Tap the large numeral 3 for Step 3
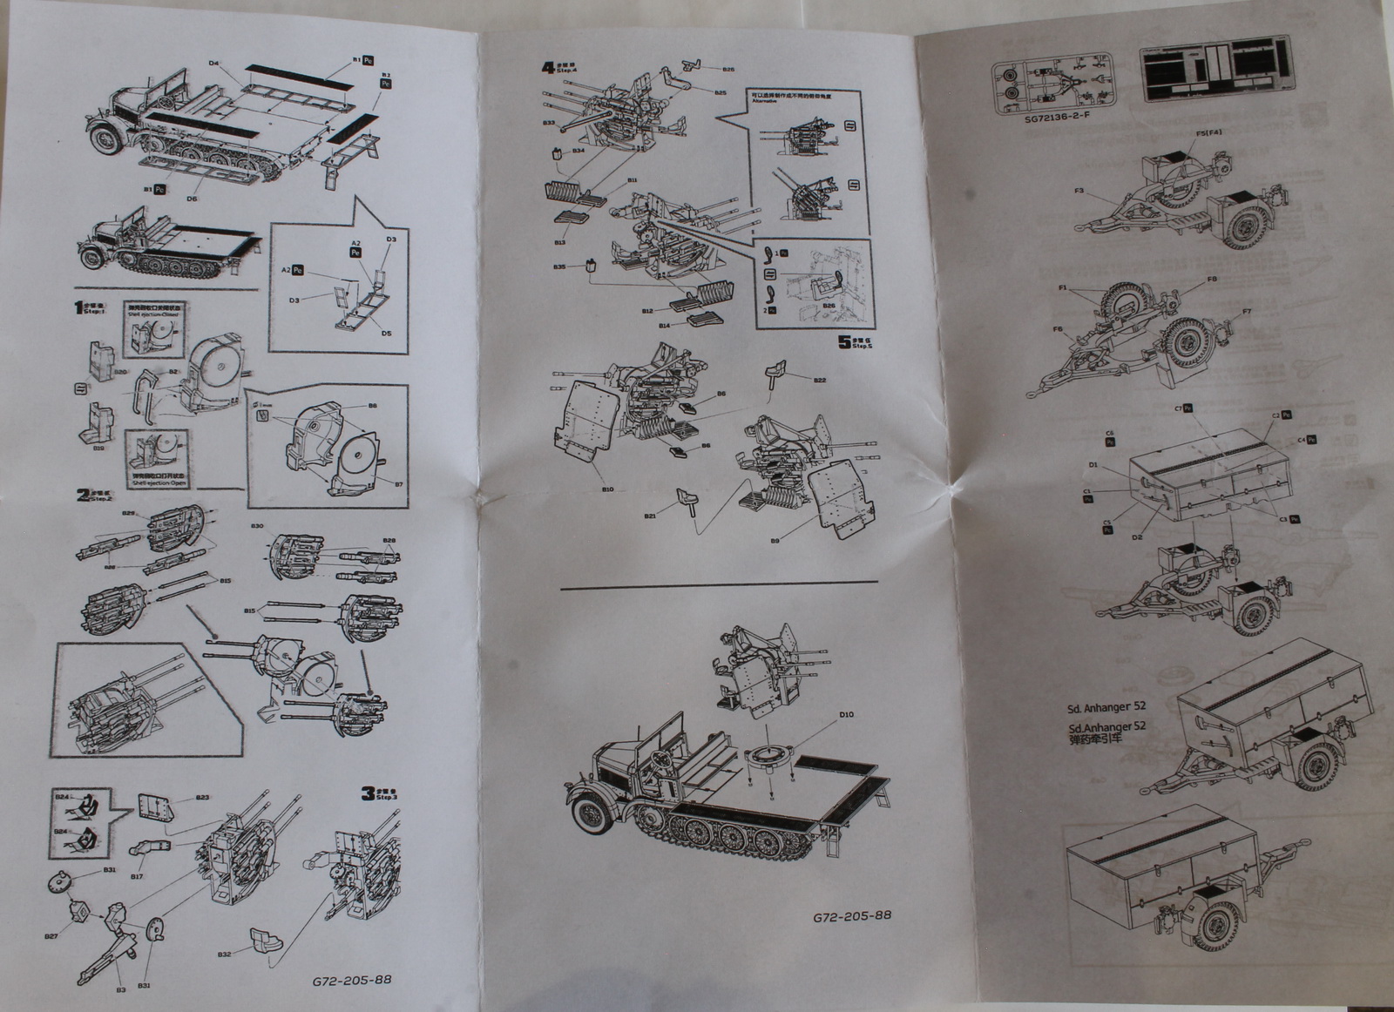pyautogui.click(x=369, y=793)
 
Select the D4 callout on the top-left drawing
pyautogui.click(x=213, y=62)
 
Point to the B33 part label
pyautogui.click(x=549, y=123)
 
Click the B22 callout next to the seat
pyautogui.click(x=820, y=381)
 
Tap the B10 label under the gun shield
pyautogui.click(x=606, y=490)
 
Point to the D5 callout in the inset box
pyautogui.click(x=384, y=334)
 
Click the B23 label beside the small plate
pyautogui.click(x=202, y=798)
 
